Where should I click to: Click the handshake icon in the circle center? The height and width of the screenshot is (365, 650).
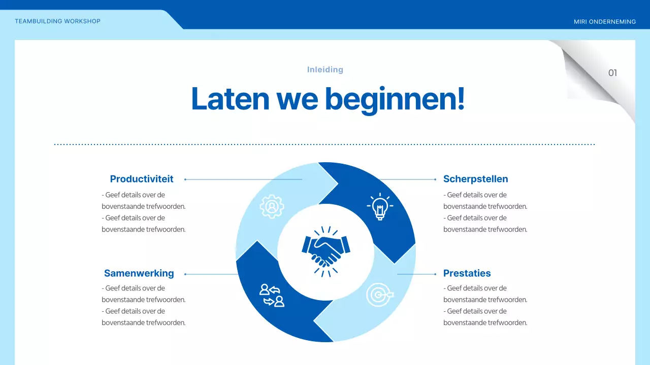tap(326, 251)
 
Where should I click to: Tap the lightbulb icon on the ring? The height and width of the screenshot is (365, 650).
tap(379, 206)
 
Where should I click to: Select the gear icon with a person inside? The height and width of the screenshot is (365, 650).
tap(272, 206)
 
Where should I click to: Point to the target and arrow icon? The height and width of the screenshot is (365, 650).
tap(379, 295)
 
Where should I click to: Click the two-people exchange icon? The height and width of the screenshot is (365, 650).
tap(272, 295)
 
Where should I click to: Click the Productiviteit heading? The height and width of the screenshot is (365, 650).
tap(142, 179)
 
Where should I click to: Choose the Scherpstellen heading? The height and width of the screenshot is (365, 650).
tap(475, 179)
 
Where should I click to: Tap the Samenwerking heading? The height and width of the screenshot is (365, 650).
tap(139, 273)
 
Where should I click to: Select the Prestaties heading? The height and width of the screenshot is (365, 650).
tap(467, 273)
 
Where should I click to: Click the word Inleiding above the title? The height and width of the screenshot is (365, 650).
tap(325, 69)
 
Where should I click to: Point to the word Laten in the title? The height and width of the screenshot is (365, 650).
tap(230, 99)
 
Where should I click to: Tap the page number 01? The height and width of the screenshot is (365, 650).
tap(612, 73)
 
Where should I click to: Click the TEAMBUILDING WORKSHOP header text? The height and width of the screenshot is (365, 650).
tap(57, 21)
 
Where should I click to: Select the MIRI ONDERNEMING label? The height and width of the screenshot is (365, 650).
tap(604, 22)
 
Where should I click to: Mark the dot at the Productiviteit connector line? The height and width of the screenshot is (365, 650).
tap(185, 179)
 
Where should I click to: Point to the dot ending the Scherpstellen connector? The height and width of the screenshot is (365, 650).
tap(436, 179)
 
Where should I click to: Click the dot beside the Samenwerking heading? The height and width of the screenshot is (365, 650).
tap(185, 274)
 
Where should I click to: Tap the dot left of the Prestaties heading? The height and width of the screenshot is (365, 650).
tap(436, 274)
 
